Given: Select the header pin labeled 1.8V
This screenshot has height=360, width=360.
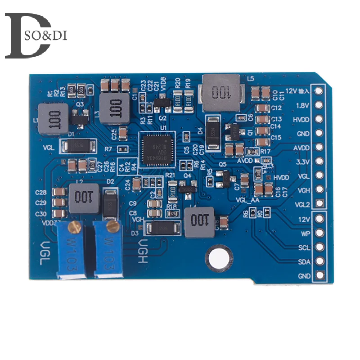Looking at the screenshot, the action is point(319,105).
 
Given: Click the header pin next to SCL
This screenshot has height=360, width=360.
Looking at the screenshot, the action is point(319,247).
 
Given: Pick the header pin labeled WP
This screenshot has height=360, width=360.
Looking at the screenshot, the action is point(319,233).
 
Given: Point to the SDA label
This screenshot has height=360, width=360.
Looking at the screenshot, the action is point(304,261).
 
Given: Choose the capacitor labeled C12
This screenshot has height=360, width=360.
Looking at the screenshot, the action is point(261,108).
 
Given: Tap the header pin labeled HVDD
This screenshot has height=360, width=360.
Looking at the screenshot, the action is point(319,119).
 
